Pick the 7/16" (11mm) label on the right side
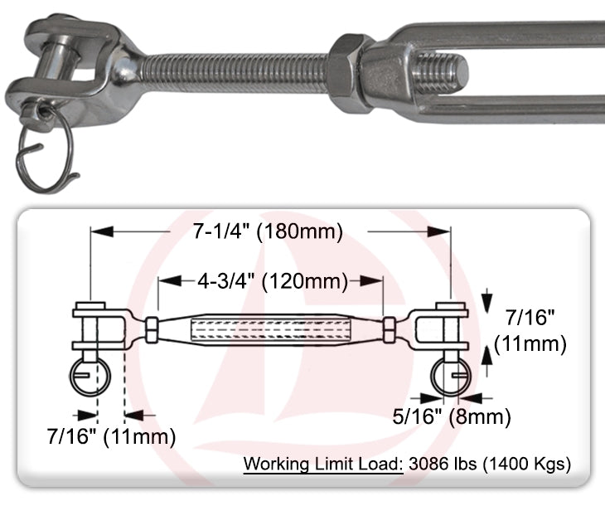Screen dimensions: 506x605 530,328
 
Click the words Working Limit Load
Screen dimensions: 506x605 323,463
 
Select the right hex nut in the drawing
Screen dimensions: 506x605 390,329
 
